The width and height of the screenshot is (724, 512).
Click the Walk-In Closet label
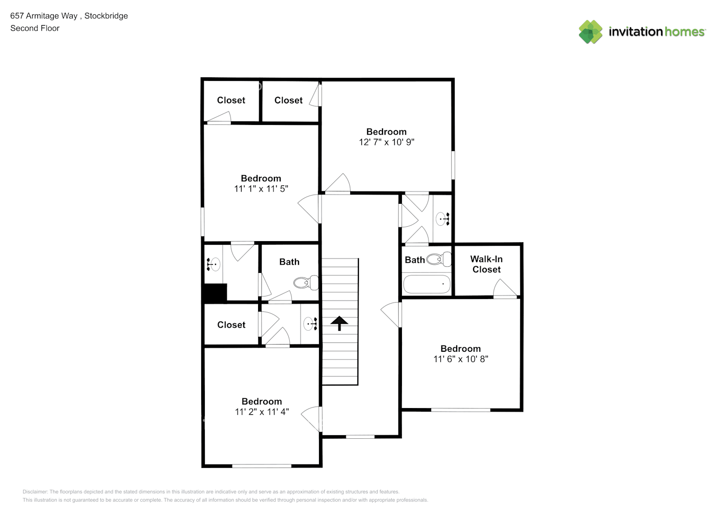point(486,264)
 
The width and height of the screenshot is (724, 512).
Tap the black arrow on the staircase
point(339,323)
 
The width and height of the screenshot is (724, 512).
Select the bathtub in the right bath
point(427,284)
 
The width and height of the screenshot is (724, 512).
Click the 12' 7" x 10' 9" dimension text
point(386,142)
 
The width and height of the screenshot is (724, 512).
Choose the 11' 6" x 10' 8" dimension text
point(460,359)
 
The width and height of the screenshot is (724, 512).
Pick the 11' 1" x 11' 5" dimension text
point(261,189)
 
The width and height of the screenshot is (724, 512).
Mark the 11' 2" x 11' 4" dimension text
point(262,412)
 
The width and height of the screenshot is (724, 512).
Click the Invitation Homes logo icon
point(590,32)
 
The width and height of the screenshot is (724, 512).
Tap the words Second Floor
point(35,28)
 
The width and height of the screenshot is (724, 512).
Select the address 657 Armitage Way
point(44,16)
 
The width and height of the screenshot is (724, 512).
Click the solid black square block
point(215,293)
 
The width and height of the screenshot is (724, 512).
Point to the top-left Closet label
point(231,100)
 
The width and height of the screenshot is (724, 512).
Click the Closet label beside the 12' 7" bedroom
point(288,100)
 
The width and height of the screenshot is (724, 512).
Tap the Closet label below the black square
point(231,325)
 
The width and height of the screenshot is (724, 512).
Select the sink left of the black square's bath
point(213,264)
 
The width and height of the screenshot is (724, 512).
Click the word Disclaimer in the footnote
point(35,492)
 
